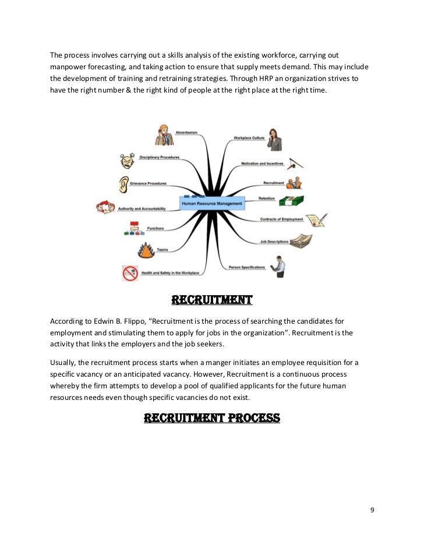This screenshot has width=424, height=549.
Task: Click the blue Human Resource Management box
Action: pos(212,203)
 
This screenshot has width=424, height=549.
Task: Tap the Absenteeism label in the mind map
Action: pos(186,133)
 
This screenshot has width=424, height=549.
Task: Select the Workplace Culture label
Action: pos(249,138)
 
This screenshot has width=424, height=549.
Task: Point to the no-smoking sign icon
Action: pos(129,273)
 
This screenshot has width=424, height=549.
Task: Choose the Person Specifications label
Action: pos(247,267)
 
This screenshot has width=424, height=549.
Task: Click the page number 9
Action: pos(372,511)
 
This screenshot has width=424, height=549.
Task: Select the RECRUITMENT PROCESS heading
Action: pos(212,418)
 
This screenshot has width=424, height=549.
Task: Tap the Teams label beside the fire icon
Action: pos(162,250)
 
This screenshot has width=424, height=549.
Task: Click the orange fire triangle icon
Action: pos(146,250)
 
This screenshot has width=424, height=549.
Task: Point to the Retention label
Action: pos(267,198)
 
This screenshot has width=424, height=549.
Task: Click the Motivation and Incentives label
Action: pos(262,164)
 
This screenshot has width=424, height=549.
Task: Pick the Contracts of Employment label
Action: pos(281,219)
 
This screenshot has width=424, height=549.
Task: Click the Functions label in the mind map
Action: pos(156,228)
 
